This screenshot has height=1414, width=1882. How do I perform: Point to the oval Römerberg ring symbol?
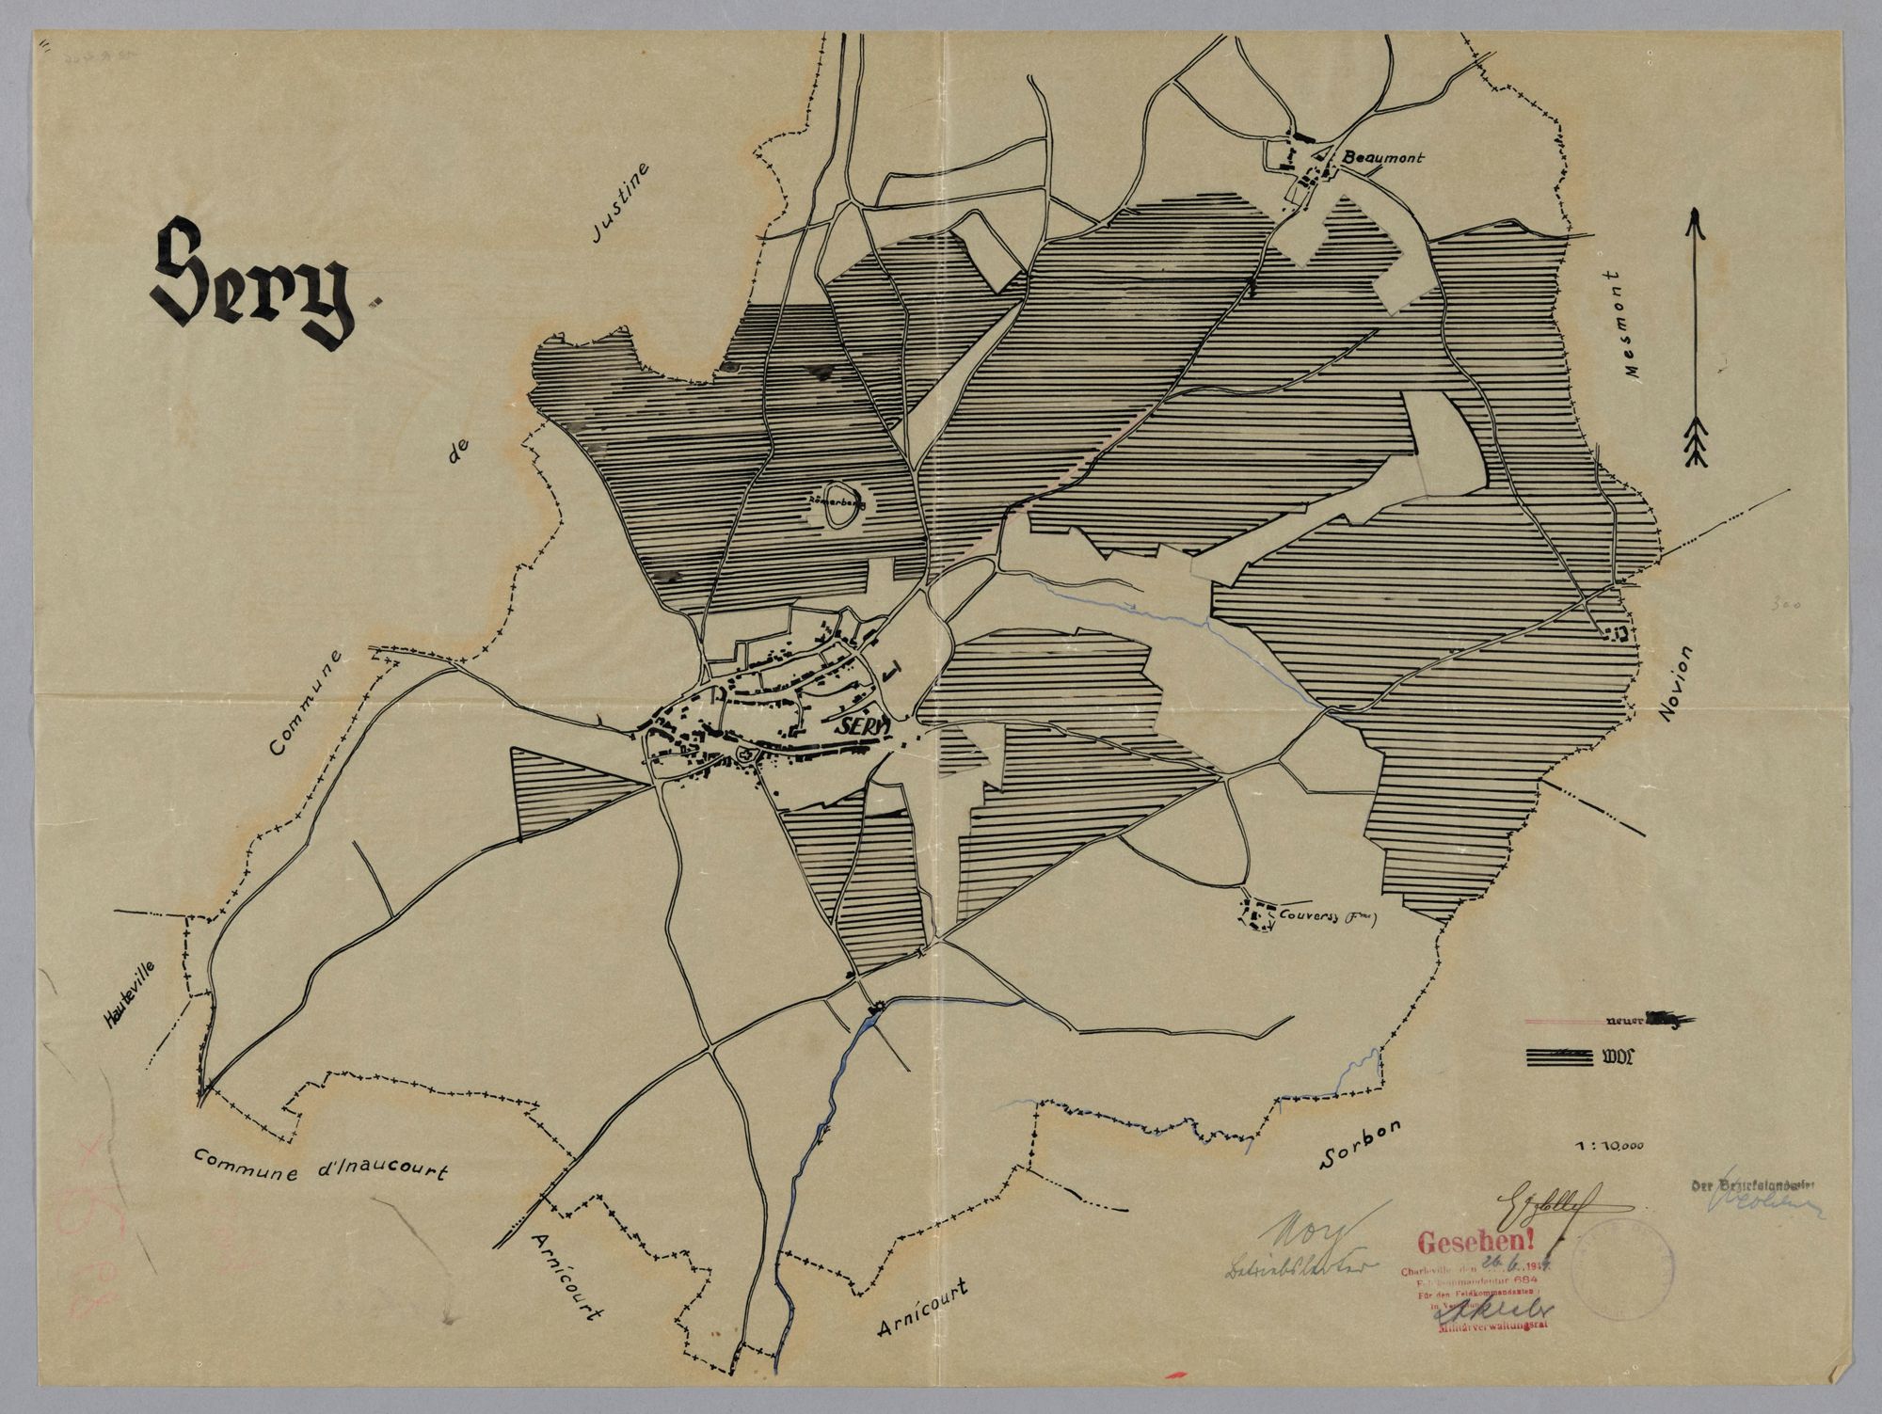(837, 504)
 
